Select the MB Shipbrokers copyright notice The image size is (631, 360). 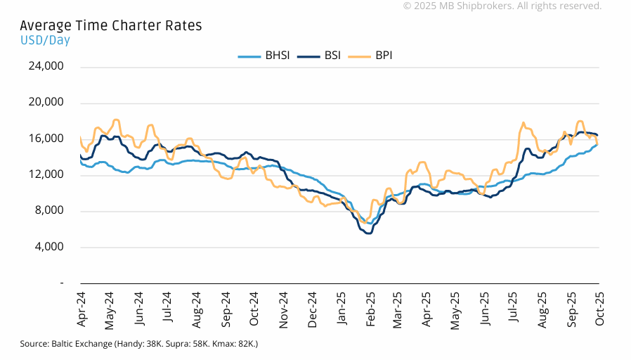click(x=502, y=6)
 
